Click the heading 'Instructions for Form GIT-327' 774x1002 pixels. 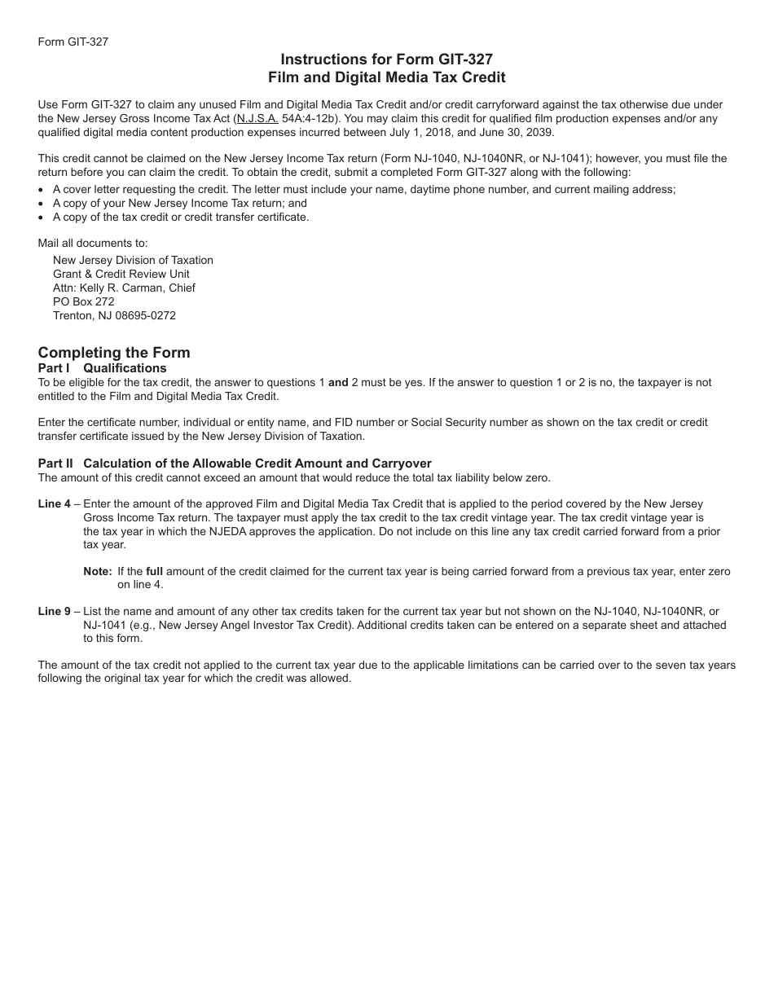point(386,59)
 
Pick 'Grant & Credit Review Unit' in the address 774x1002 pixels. point(121,274)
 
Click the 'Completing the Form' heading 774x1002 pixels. point(114,353)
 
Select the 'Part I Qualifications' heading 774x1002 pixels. point(102,368)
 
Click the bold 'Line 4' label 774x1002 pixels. point(55,504)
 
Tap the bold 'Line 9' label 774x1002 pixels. point(55,611)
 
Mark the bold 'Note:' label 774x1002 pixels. point(97,571)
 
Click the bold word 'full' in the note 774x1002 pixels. point(155,571)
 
